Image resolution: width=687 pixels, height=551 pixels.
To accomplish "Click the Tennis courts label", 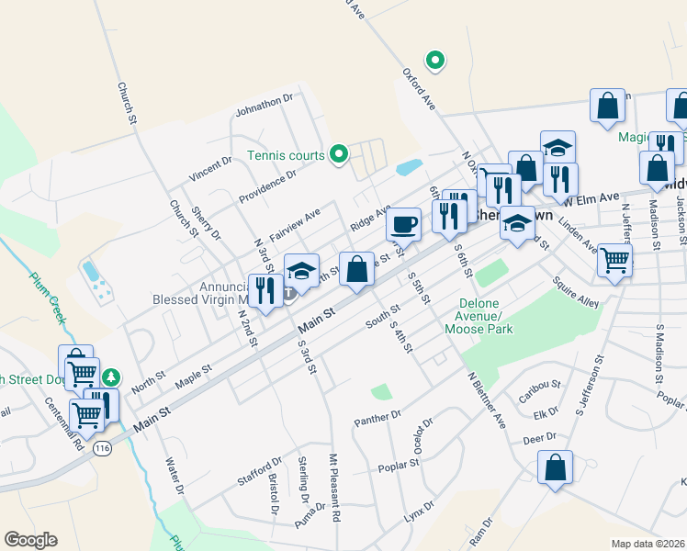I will (x=286, y=155).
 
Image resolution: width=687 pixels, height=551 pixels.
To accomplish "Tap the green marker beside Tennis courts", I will (x=339, y=154).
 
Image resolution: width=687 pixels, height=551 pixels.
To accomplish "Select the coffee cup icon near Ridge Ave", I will (x=403, y=223).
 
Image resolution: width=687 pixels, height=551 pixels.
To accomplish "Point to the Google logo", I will (x=30, y=540).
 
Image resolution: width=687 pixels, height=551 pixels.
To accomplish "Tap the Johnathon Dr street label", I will (x=264, y=104).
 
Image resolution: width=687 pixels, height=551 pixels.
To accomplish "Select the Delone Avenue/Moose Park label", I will (x=478, y=321).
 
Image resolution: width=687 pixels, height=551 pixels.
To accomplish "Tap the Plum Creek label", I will (x=43, y=290).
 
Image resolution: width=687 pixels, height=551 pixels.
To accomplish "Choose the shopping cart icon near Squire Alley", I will (x=614, y=260).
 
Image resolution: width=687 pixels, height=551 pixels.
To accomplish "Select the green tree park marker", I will (x=111, y=377).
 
